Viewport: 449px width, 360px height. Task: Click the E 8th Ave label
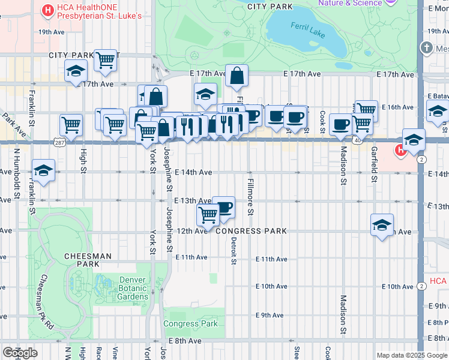click(185, 341)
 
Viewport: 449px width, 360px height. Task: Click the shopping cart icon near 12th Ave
click(208, 214)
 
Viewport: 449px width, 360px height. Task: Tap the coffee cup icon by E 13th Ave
click(223, 206)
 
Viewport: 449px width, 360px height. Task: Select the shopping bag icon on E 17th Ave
click(237, 75)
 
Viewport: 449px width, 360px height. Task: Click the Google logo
click(20, 353)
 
